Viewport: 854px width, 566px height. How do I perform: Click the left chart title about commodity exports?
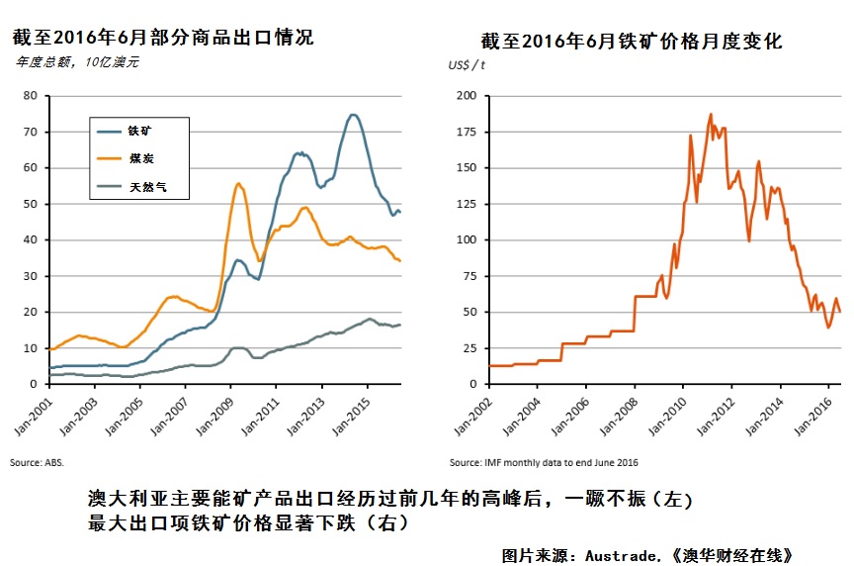click(163, 38)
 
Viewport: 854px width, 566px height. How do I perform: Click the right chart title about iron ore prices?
click(631, 42)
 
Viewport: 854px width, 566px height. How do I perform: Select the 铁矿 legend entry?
click(140, 131)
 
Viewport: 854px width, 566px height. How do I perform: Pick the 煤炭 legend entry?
click(140, 158)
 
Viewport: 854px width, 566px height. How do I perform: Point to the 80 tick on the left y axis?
click(30, 96)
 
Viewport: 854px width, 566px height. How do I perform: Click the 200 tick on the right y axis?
click(467, 96)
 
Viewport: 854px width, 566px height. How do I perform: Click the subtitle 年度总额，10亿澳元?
click(77, 62)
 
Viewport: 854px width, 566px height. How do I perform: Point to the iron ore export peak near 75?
click(353, 115)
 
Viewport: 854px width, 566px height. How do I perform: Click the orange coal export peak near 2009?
click(239, 183)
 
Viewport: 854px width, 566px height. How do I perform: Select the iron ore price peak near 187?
click(711, 114)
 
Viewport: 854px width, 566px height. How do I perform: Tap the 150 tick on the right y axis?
click(467, 168)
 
